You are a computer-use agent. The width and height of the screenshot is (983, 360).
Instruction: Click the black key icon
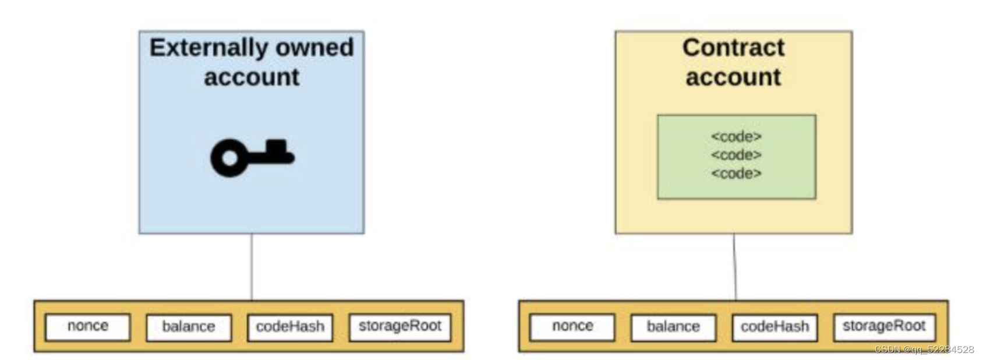(x=252, y=157)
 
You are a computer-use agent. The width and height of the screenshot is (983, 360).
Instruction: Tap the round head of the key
(x=229, y=158)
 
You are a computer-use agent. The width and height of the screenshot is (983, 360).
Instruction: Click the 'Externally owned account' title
(x=252, y=62)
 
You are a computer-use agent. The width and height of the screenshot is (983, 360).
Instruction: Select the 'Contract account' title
(x=733, y=62)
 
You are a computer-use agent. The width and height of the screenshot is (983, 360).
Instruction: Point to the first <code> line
(x=736, y=136)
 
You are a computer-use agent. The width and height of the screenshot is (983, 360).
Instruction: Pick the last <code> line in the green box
(x=736, y=173)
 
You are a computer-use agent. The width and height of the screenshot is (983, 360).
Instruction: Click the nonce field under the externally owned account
(x=88, y=326)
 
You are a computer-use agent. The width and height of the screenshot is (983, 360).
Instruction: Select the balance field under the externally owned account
(x=188, y=327)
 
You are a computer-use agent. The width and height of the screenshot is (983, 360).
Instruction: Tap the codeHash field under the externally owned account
(x=290, y=327)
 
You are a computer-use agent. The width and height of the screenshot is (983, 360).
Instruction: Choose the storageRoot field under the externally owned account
(x=399, y=326)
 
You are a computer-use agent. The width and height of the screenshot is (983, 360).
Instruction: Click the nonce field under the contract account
(x=572, y=326)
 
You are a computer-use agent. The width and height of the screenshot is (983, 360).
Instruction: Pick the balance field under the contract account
(x=673, y=327)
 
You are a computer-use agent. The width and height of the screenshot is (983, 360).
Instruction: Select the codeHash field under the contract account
(x=775, y=327)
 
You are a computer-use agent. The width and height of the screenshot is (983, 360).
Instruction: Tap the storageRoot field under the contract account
(x=883, y=326)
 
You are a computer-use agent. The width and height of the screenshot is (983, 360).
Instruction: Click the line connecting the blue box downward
(x=252, y=267)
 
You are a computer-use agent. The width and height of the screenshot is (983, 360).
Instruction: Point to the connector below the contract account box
(x=734, y=267)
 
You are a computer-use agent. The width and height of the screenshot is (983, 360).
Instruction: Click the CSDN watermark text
(x=924, y=350)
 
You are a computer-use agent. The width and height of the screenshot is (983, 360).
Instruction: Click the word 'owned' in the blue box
(x=314, y=47)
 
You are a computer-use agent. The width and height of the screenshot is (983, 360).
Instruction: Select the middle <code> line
(x=736, y=155)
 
